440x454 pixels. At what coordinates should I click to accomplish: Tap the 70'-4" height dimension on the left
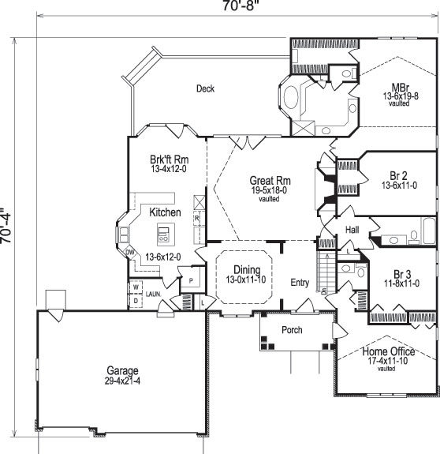[9, 227]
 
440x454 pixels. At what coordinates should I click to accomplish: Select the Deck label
[205, 89]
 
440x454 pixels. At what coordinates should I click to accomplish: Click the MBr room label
[400, 87]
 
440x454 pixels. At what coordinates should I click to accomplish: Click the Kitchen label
[166, 212]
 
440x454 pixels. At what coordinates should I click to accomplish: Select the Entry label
[300, 282]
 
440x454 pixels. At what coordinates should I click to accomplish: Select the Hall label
[352, 229]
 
